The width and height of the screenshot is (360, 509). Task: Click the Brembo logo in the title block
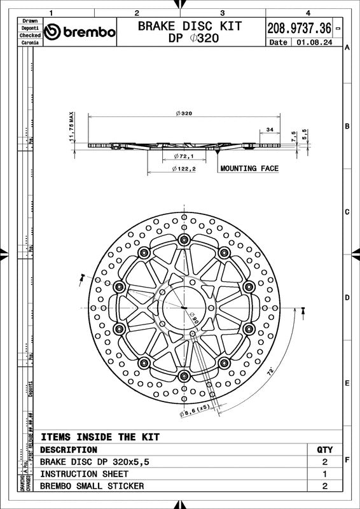[x=80, y=32]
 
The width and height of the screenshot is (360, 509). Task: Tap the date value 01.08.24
[x=311, y=43]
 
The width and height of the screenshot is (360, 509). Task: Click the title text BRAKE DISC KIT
[x=190, y=26]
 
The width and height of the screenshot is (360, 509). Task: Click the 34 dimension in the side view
[x=270, y=130]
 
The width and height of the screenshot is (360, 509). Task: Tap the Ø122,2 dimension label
[x=184, y=169]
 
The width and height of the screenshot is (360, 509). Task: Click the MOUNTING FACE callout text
[x=248, y=169]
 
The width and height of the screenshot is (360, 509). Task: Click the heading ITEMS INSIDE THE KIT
[x=100, y=437]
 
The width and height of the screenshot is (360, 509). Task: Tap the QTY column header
[x=324, y=449]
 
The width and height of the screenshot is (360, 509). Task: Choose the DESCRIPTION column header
[x=69, y=449]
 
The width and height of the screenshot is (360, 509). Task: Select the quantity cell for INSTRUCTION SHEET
[x=324, y=474]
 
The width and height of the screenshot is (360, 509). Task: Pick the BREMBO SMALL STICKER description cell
[x=92, y=486]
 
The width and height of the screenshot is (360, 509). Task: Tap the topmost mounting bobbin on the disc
[x=184, y=239]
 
